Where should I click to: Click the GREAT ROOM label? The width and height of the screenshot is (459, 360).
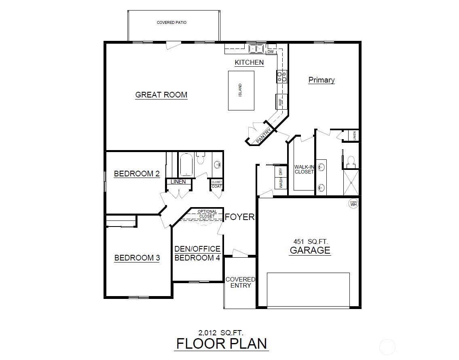(x=161, y=95)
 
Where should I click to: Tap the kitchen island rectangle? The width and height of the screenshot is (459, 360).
(x=241, y=90)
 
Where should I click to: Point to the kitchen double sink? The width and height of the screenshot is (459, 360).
(x=256, y=49)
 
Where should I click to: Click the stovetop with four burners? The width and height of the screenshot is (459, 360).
(x=281, y=76)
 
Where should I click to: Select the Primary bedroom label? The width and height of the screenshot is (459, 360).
(x=322, y=80)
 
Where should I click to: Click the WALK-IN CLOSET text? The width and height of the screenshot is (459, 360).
(x=304, y=169)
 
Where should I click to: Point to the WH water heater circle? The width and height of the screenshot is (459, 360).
(x=353, y=203)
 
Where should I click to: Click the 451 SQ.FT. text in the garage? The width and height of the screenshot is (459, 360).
(x=311, y=241)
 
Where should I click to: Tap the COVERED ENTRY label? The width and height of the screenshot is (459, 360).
(x=240, y=282)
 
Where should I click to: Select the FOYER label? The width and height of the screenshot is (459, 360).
(x=240, y=217)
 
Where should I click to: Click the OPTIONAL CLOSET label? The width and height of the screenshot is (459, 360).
(x=207, y=214)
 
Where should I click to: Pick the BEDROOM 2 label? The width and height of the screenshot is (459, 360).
(x=137, y=174)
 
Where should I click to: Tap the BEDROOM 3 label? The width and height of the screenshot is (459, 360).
(x=137, y=258)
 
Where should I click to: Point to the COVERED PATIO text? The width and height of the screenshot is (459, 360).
(x=172, y=23)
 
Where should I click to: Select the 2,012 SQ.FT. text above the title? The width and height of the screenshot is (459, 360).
(x=221, y=333)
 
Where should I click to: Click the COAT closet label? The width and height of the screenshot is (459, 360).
(x=217, y=186)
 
